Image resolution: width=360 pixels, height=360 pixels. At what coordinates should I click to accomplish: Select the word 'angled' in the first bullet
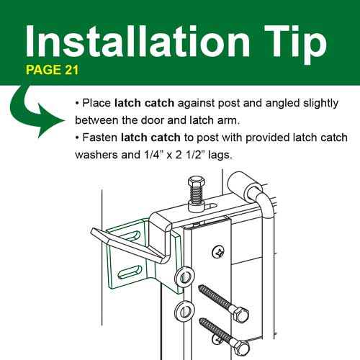click(275, 102)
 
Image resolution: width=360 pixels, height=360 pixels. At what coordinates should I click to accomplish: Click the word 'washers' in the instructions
click(97, 154)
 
